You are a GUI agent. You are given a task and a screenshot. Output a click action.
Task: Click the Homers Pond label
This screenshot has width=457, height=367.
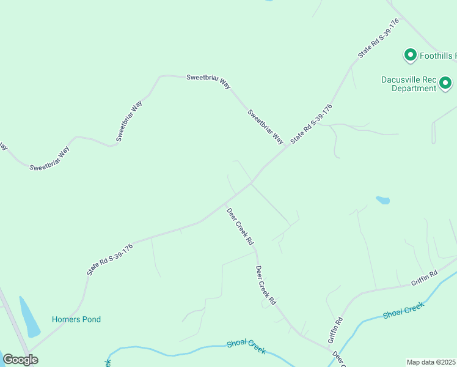(x=76, y=319)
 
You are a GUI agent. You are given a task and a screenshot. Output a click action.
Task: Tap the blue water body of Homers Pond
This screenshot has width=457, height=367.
(x=29, y=318)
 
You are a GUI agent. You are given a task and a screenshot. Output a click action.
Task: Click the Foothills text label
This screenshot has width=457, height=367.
(x=437, y=56)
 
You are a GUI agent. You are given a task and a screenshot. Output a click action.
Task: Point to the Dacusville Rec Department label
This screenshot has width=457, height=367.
(x=409, y=84)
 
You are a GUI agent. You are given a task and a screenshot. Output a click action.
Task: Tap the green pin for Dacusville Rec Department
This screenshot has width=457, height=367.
(x=447, y=83)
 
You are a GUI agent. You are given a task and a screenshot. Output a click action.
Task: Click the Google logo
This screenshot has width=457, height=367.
(x=21, y=359)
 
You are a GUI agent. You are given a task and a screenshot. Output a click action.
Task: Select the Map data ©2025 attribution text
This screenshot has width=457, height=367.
(x=431, y=362)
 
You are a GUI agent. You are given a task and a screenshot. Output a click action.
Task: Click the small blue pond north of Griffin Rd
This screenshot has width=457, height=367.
(x=383, y=200)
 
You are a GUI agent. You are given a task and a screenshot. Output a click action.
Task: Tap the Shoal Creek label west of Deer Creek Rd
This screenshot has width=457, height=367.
(x=246, y=347)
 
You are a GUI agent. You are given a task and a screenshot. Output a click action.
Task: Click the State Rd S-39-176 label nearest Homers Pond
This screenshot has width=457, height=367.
(x=110, y=259)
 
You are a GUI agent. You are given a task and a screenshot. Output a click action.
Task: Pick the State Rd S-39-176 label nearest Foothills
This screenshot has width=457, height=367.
(x=379, y=38)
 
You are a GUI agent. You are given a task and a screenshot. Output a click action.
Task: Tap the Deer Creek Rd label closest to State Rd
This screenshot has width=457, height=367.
(x=240, y=227)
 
